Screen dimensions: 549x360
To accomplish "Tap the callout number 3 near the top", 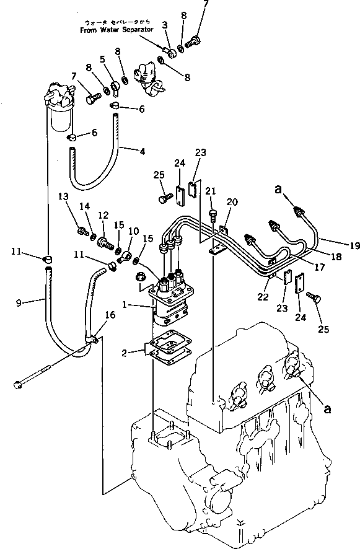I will (164, 24).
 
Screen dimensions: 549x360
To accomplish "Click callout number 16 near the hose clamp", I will (110, 315).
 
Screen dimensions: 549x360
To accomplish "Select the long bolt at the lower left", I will (37, 377).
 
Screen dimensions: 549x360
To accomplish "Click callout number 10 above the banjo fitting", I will (132, 231).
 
